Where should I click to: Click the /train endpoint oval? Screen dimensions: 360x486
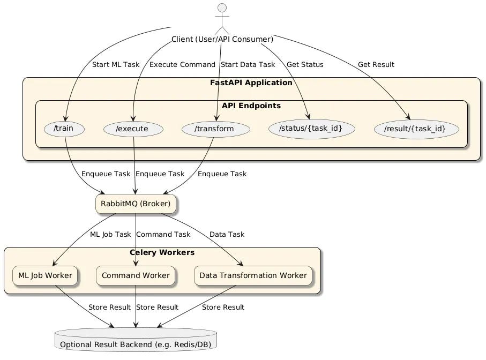[65, 129]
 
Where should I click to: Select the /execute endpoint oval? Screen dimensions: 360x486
[133, 129]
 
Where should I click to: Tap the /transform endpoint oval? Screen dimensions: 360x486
[216, 129]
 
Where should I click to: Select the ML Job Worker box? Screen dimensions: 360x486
[46, 275]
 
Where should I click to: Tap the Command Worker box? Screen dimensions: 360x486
[136, 275]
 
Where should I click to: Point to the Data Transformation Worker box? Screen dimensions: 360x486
[253, 275]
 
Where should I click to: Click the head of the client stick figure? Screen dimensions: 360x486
[221, 8]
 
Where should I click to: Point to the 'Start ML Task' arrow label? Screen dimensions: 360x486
[116, 65]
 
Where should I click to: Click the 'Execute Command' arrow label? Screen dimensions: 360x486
[182, 65]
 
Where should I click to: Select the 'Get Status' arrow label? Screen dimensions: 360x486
[305, 65]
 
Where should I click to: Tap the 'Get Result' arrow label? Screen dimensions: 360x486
[376, 65]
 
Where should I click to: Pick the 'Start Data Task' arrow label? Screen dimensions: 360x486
[248, 65]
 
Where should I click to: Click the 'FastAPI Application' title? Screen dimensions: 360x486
[251, 83]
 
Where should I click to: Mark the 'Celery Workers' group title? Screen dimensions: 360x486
[162, 252]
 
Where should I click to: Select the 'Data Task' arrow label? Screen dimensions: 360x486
[227, 235]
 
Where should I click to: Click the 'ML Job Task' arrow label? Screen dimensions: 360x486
[110, 235]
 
